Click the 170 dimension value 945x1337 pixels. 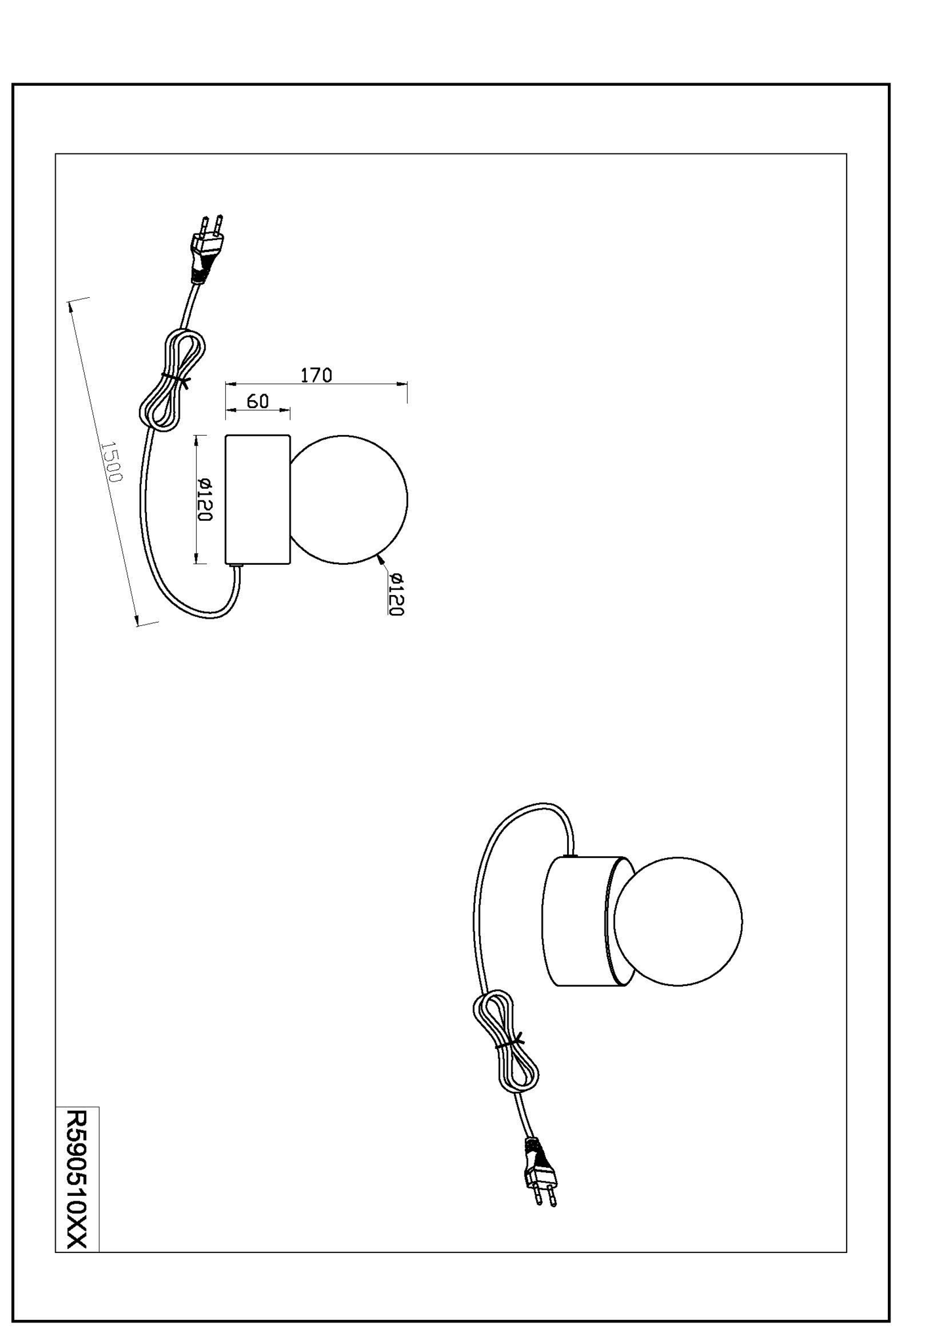tap(316, 375)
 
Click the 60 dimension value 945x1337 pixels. tap(258, 401)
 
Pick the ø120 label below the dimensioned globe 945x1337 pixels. tap(396, 594)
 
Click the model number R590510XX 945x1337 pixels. tap(77, 1179)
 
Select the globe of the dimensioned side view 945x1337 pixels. tap(349, 499)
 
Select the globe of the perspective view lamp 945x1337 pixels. tap(679, 921)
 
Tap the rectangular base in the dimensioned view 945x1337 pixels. tap(257, 499)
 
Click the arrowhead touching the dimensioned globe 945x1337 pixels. tap(381, 559)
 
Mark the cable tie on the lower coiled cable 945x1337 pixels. tap(509, 1042)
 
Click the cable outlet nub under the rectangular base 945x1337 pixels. tap(236, 566)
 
